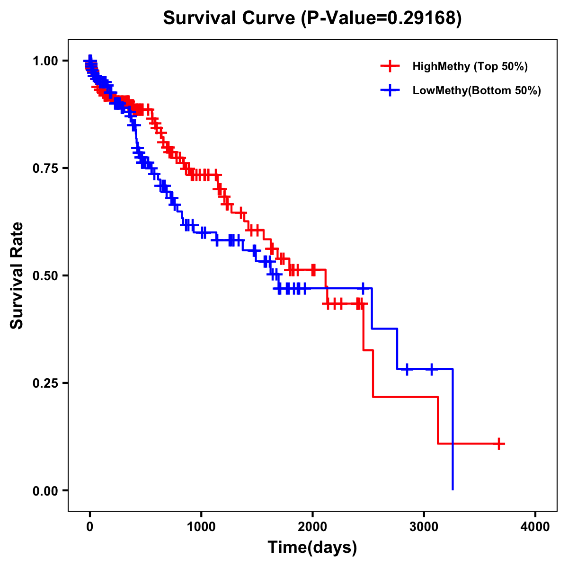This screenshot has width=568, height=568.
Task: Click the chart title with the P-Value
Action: pyautogui.click(x=312, y=18)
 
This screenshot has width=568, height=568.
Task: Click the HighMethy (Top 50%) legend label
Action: pyautogui.click(x=470, y=66)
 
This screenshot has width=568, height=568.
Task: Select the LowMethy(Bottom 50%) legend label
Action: pyautogui.click(x=477, y=90)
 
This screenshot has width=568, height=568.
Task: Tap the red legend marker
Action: pyautogui.click(x=390, y=66)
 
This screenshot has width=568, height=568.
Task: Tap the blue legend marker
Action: pyautogui.click(x=390, y=90)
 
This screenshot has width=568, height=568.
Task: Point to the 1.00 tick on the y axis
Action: pyautogui.click(x=45, y=61)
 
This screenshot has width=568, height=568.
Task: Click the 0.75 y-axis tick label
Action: pyautogui.click(x=45, y=169)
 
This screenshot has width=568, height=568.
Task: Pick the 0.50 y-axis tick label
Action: pyautogui.click(x=45, y=276)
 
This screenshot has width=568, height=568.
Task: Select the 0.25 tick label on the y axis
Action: pyautogui.click(x=45, y=383)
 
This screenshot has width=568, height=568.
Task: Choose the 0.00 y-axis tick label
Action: pyautogui.click(x=45, y=491)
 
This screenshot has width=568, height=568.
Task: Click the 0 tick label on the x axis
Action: pyautogui.click(x=90, y=527)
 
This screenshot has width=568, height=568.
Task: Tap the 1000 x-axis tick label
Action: pyautogui.click(x=201, y=527)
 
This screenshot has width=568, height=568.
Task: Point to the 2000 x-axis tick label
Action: pyautogui.click(x=312, y=527)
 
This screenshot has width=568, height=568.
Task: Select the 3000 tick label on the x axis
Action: pyautogui.click(x=424, y=527)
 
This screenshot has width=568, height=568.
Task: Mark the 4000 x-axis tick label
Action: pyautogui.click(x=535, y=527)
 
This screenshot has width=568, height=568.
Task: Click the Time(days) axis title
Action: pyautogui.click(x=312, y=548)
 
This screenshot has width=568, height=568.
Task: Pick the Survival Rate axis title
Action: pyautogui.click(x=17, y=275)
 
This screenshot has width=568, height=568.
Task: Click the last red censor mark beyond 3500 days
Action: pyautogui.click(x=499, y=444)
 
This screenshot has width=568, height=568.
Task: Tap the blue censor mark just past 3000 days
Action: pyautogui.click(x=431, y=369)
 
